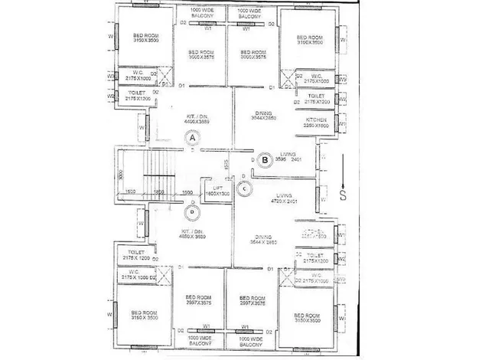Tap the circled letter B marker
click(x=265, y=160)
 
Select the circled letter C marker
click(x=243, y=188)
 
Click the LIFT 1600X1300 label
click(x=217, y=191)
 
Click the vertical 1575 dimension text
click(x=227, y=165)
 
